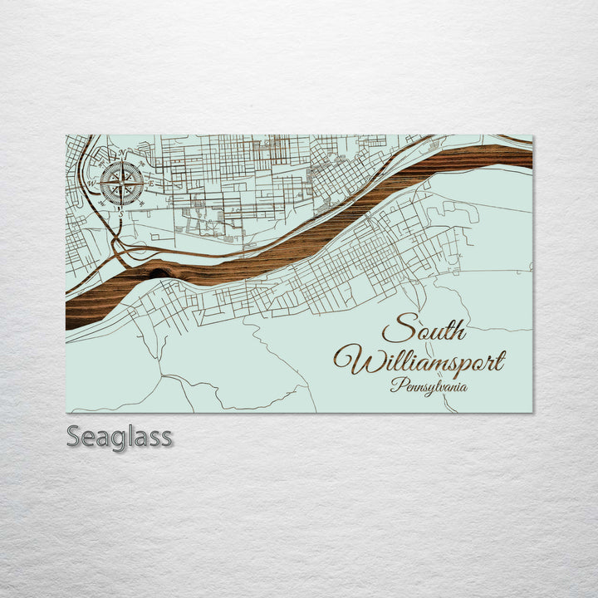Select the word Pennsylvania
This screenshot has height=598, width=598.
429,386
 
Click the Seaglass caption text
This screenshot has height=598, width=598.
120,436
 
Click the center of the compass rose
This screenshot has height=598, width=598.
121,184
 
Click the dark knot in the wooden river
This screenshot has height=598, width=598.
159,269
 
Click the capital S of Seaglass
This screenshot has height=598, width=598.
74,436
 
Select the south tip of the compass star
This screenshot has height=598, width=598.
121,205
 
